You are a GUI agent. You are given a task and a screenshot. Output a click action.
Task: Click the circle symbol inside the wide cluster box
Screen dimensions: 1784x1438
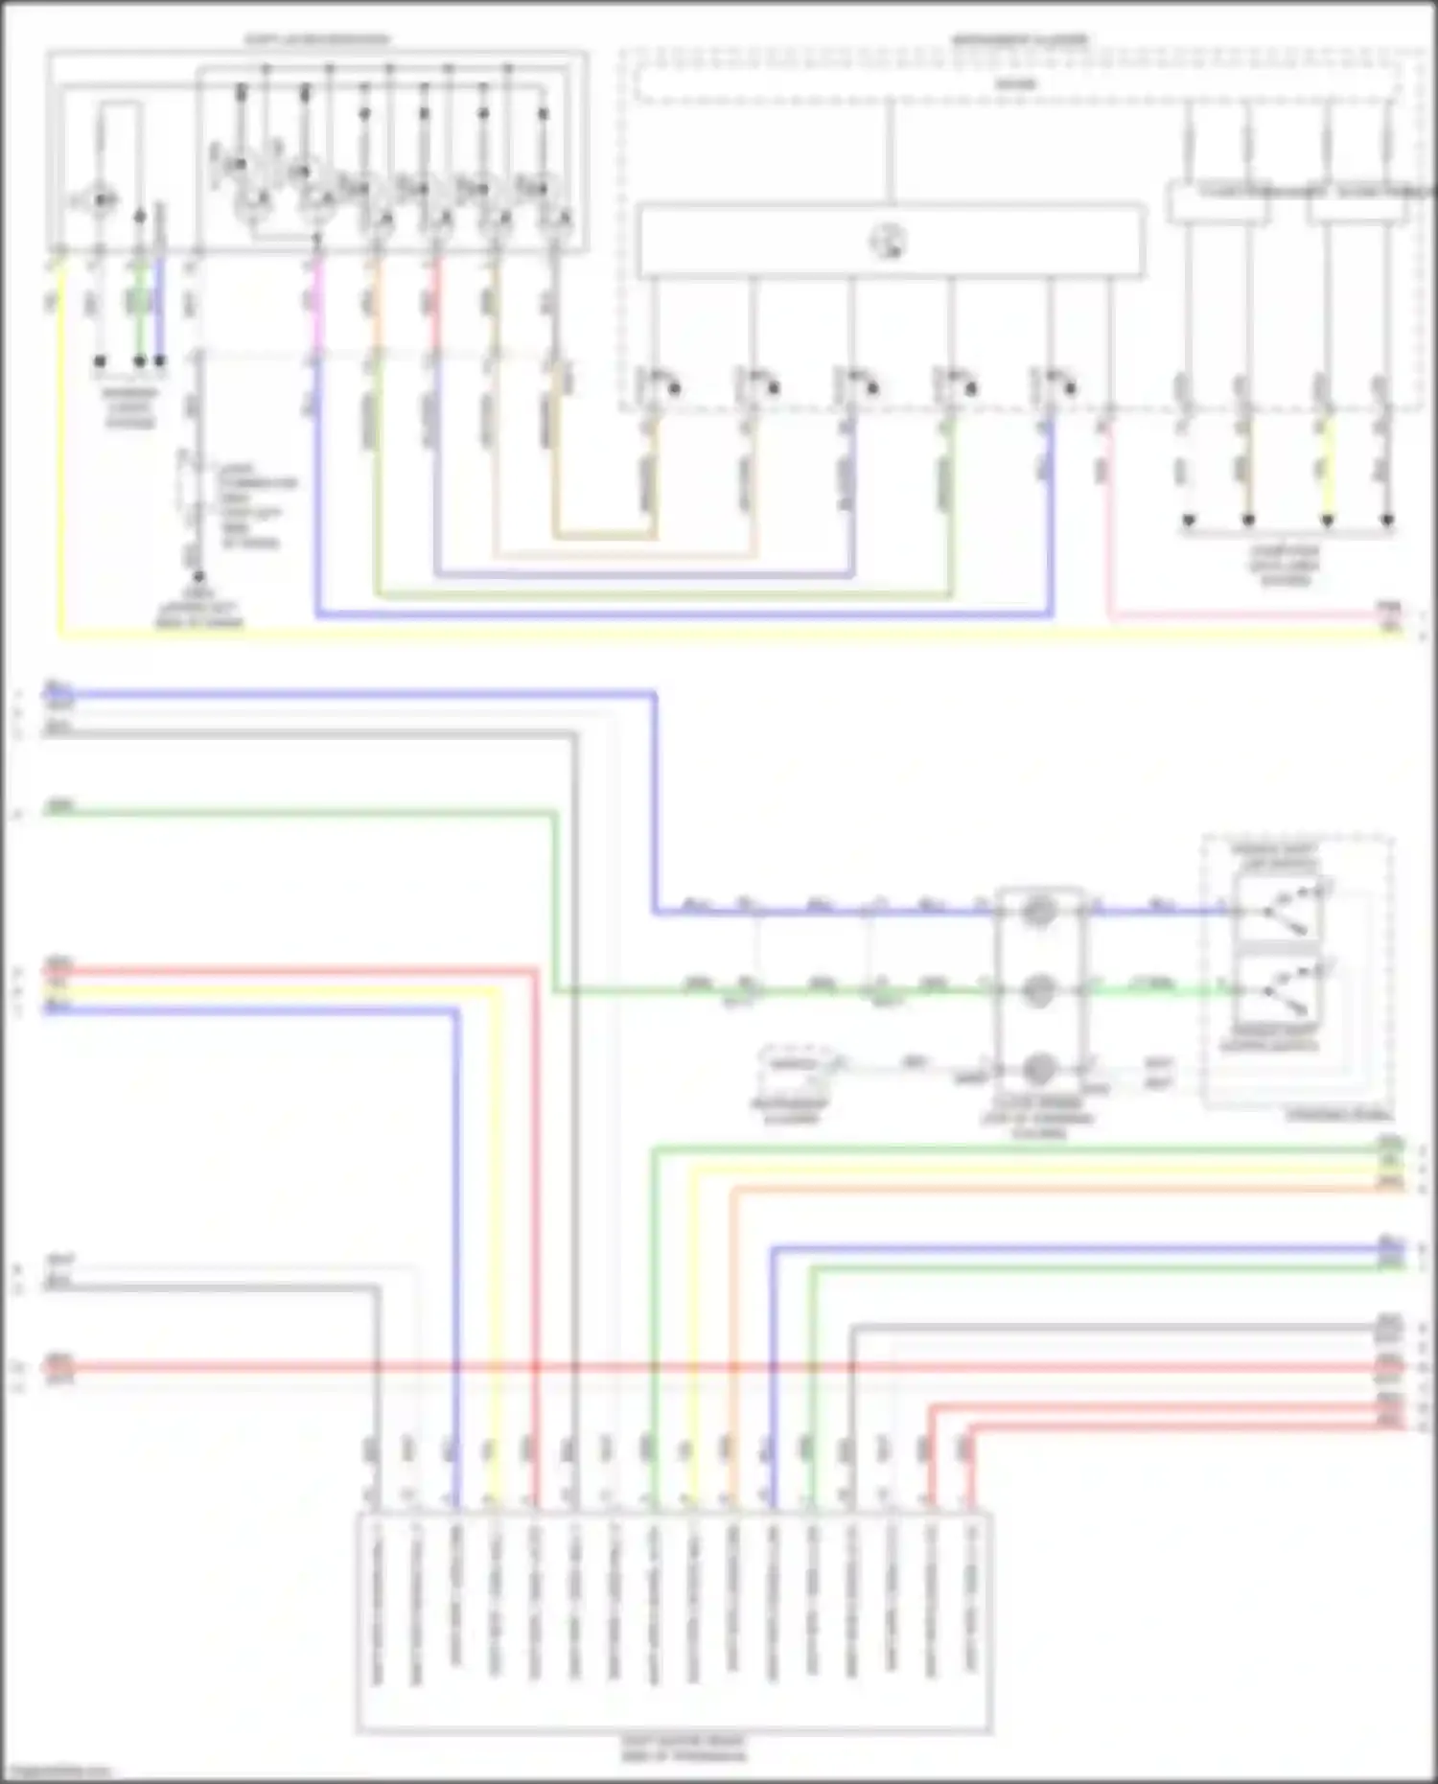pyautogui.click(x=889, y=241)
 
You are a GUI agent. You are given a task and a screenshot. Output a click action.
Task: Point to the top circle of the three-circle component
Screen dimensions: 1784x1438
pyautogui.click(x=1038, y=911)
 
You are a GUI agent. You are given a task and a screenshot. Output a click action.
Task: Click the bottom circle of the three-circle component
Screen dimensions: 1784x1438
pyautogui.click(x=1038, y=1068)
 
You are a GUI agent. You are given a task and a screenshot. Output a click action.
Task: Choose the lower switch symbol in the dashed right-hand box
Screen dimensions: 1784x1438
pyautogui.click(x=1280, y=989)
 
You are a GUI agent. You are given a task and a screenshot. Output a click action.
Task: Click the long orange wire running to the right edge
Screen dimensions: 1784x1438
pyautogui.click(x=1055, y=1189)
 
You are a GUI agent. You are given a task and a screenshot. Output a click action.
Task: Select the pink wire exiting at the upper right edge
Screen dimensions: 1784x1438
pyautogui.click(x=1246, y=616)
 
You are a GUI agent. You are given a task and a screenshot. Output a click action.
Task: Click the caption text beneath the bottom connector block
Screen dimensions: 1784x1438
pyautogui.click(x=683, y=1749)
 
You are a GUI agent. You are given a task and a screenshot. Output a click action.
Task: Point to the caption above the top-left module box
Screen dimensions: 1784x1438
pyautogui.click(x=316, y=40)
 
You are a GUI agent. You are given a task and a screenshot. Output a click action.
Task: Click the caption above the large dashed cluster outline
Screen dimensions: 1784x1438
pyautogui.click(x=1019, y=40)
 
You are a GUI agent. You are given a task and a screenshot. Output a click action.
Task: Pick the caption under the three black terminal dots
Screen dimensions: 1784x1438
pyautogui.click(x=130, y=407)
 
